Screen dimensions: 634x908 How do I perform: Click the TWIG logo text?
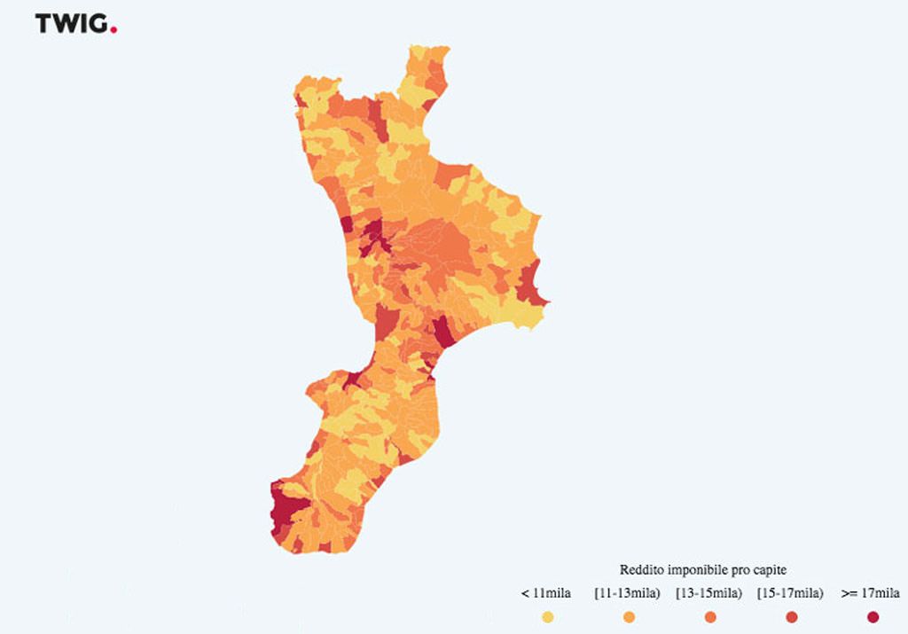tap(71, 24)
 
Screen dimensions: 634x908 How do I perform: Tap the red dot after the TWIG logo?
tap(114, 29)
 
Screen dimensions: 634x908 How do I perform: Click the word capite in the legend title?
tap(771, 569)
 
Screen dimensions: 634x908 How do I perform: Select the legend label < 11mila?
tap(546, 593)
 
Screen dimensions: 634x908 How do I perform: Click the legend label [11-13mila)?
tap(628, 593)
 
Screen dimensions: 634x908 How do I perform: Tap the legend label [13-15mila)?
tap(709, 593)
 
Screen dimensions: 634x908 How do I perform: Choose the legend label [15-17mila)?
tap(791, 593)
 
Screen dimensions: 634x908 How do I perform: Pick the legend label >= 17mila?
tap(871, 593)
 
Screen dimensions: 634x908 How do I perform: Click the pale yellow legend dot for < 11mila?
tap(547, 617)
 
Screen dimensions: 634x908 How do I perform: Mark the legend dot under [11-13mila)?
tap(629, 617)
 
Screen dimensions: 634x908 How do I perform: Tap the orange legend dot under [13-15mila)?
tap(710, 617)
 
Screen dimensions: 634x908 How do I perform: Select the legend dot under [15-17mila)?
tap(792, 617)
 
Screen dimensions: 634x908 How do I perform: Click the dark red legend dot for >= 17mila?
tap(873, 617)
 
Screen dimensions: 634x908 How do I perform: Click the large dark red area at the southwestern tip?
tap(286, 510)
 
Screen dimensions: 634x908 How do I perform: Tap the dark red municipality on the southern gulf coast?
tap(442, 333)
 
